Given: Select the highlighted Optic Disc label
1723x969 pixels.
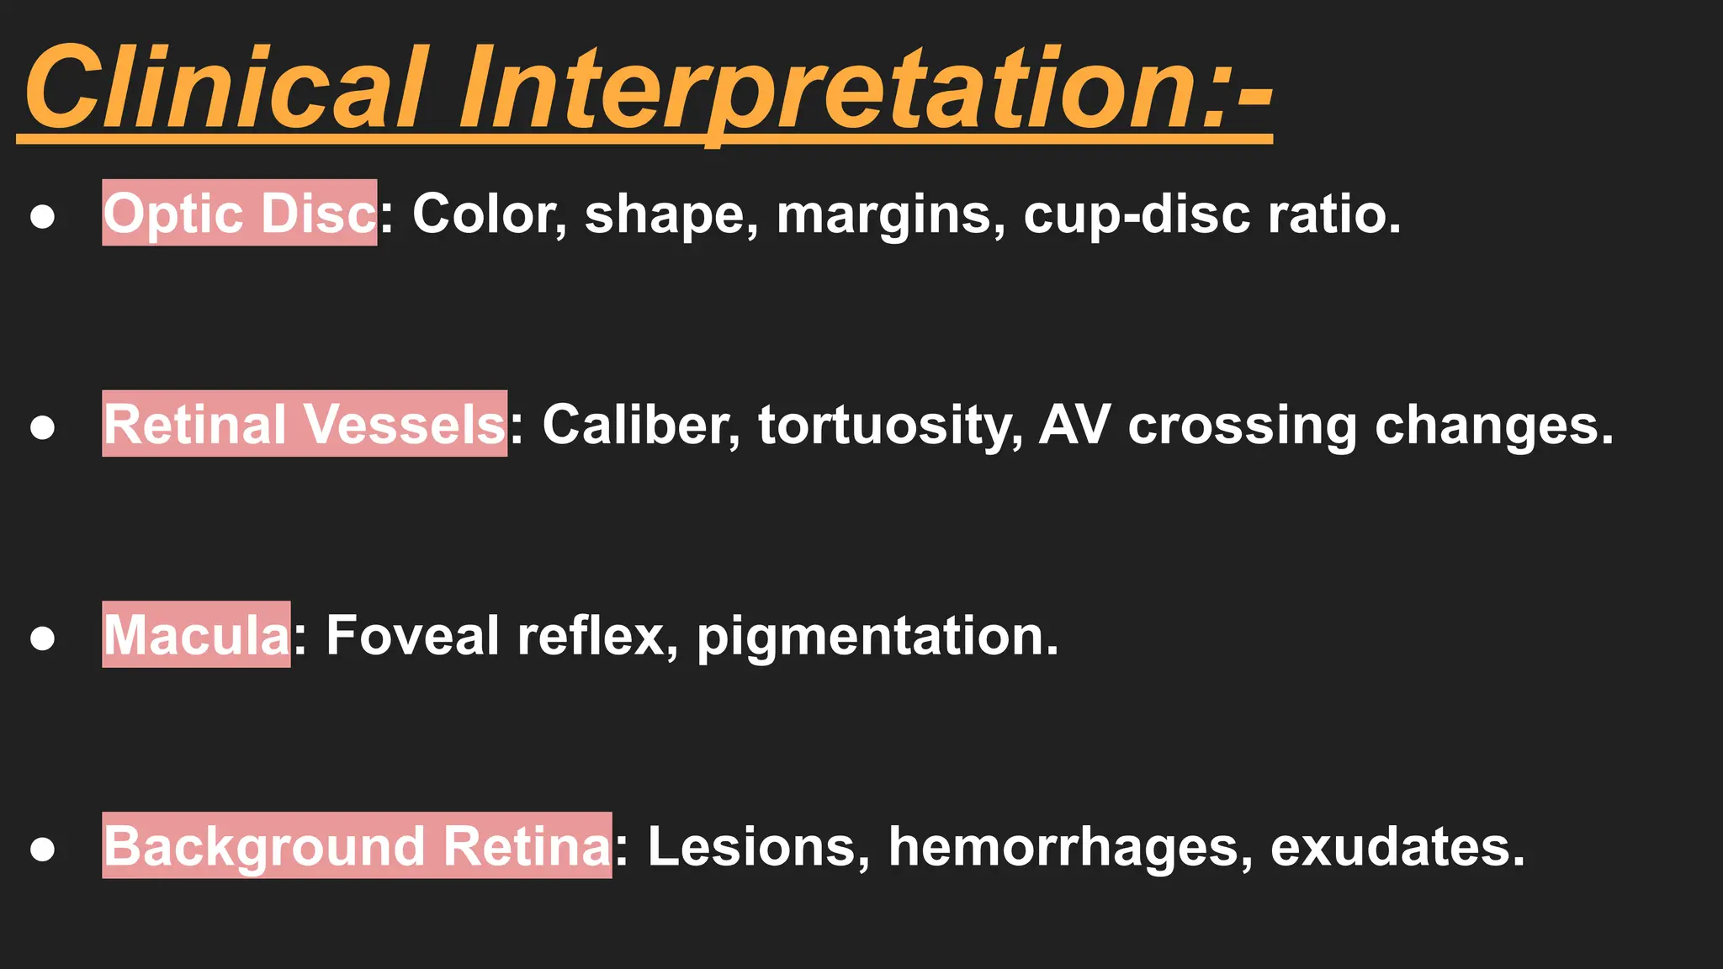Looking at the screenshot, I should (x=240, y=213).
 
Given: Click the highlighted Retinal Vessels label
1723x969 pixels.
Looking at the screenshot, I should (x=305, y=424).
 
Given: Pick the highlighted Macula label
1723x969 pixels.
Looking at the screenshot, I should (x=196, y=635).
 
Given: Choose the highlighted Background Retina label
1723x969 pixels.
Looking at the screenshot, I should (x=357, y=845).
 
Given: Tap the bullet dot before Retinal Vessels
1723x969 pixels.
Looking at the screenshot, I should (x=42, y=427).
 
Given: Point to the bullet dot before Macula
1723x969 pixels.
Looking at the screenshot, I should (x=42, y=638).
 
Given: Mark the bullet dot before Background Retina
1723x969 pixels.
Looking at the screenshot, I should (x=42, y=849).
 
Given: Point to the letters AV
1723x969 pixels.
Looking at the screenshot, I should (x=1074, y=424).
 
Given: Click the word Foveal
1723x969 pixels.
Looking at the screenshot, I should (x=412, y=635).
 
